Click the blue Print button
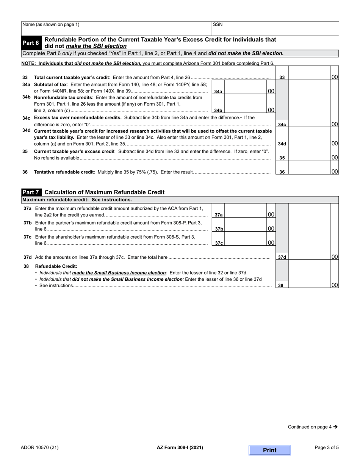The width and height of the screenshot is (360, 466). (269, 450)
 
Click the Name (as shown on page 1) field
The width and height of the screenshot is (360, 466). (116, 28)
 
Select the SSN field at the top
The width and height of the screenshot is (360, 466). (275, 28)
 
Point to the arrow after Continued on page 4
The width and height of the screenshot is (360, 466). (335, 427)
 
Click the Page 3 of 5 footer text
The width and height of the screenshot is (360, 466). (327, 447)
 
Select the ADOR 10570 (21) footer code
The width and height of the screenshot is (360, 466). (40, 447)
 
